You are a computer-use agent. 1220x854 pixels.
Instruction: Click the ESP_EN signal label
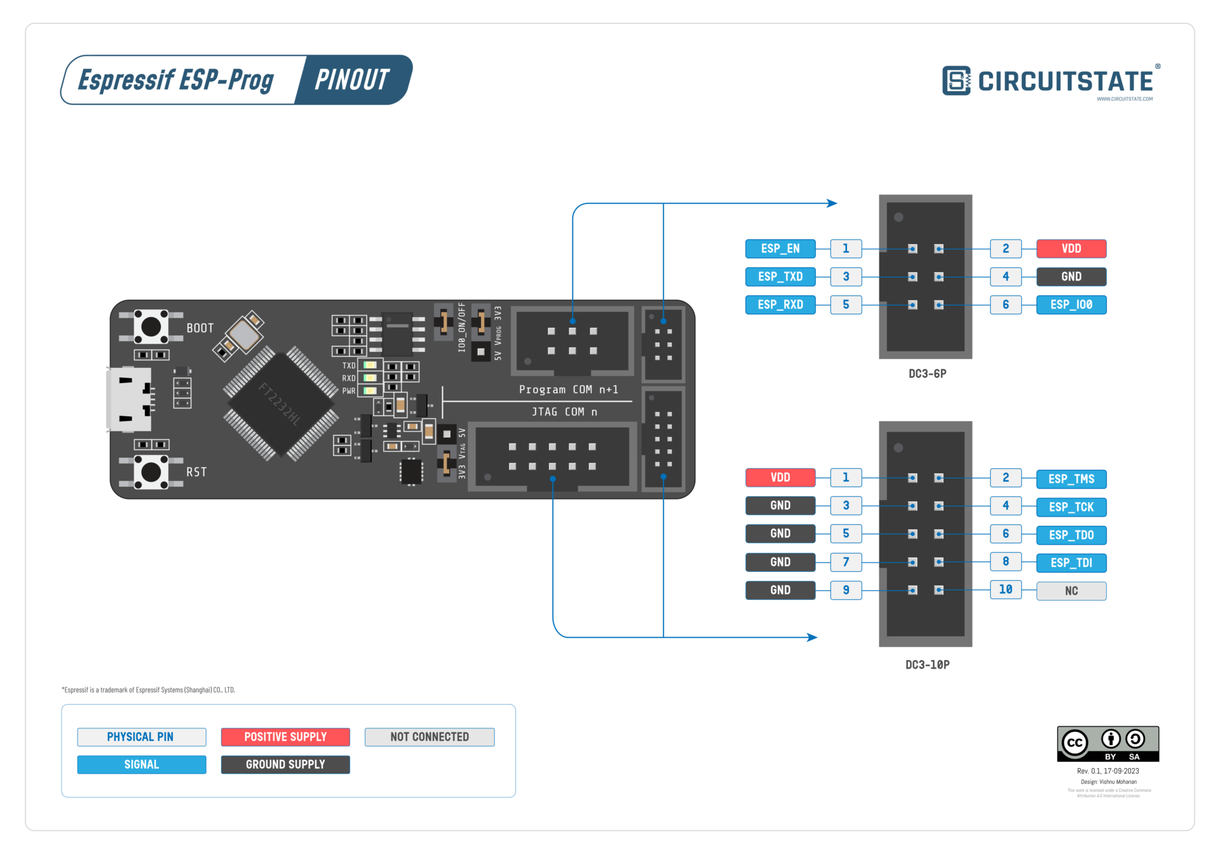[780, 248]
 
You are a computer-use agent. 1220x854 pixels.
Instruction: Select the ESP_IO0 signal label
[1071, 305]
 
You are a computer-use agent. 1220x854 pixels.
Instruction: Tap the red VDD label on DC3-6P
[1071, 248]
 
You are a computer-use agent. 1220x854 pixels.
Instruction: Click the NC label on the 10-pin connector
[1071, 591]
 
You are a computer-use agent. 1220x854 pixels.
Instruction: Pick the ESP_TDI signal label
[1071, 563]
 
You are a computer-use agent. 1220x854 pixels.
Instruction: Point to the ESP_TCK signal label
[1071, 507]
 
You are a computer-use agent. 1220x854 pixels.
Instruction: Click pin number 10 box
[1005, 590]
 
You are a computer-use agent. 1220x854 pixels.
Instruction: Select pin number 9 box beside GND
[846, 590]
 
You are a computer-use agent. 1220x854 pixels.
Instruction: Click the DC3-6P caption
[927, 374]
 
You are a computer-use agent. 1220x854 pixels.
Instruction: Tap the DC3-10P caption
[927, 665]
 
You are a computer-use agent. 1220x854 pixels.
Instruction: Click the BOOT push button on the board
[151, 327]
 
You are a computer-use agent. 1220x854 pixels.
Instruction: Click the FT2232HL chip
[280, 403]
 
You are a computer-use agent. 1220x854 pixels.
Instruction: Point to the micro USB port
[130, 399]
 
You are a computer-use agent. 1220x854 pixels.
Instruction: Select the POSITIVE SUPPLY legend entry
[285, 737]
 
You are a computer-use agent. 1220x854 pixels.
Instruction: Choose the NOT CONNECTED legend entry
[430, 737]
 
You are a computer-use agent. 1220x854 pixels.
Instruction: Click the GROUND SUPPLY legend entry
[285, 764]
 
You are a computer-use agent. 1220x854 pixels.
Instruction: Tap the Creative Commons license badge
[1108, 743]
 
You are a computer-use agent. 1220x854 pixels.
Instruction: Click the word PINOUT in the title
[352, 80]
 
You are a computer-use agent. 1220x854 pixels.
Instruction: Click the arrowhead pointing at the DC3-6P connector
[832, 203]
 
